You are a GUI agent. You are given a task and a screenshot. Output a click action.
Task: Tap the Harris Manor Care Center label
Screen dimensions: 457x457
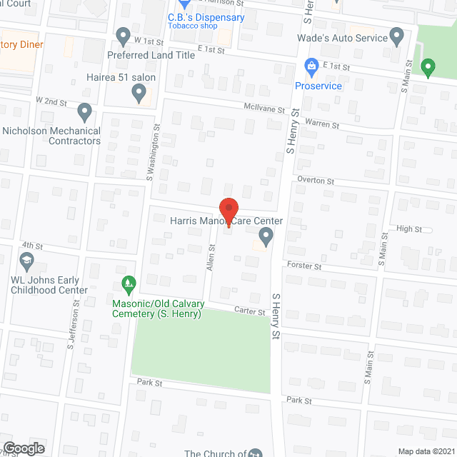(x=226, y=221)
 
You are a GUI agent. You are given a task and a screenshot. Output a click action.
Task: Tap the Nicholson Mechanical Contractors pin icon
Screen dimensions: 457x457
(x=85, y=112)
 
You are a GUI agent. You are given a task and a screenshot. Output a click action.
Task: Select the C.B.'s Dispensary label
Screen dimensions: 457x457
(x=206, y=18)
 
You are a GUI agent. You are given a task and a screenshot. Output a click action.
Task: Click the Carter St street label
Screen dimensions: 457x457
(x=251, y=311)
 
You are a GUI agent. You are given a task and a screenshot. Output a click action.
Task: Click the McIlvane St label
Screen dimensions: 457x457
(x=268, y=111)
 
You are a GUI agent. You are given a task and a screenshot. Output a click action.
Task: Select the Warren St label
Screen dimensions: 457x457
(x=322, y=124)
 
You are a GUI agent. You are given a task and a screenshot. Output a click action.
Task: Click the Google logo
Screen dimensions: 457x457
(x=24, y=448)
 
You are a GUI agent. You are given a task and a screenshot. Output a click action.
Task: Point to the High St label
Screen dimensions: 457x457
(x=409, y=229)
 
